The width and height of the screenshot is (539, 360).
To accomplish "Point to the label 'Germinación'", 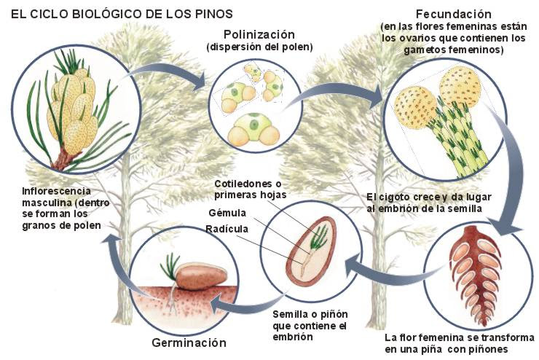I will pos(189,342).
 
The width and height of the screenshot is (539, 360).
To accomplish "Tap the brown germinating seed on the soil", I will pos(194,275).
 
